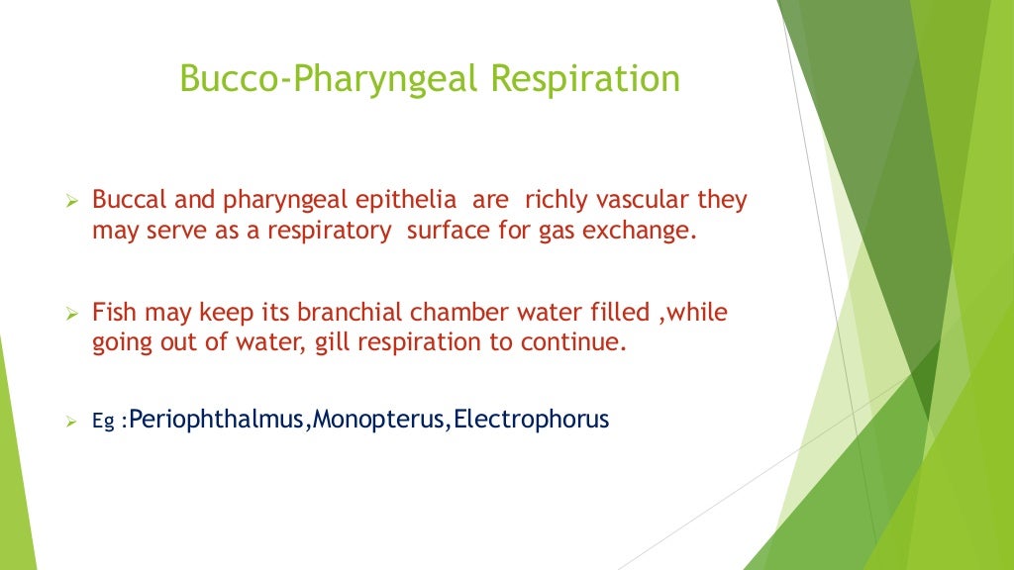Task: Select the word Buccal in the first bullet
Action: coord(124,201)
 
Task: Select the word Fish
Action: coord(113,313)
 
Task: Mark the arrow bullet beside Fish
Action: coord(71,314)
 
